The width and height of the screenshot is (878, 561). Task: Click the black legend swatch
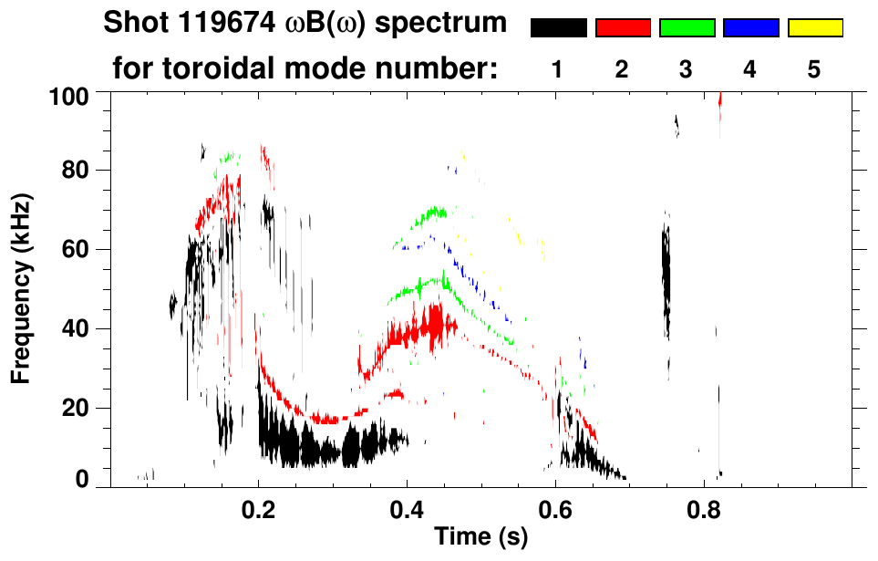(x=558, y=28)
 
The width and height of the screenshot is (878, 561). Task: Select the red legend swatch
(x=623, y=28)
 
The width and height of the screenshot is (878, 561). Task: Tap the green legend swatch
(x=687, y=28)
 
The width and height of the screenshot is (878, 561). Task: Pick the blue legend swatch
(x=751, y=28)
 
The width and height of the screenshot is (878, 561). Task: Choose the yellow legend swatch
(x=815, y=28)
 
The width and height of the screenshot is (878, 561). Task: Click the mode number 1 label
(x=557, y=69)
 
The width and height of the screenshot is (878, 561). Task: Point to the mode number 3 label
(x=686, y=69)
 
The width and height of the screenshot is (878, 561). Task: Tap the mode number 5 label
(x=814, y=69)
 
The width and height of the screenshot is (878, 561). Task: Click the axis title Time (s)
(x=480, y=538)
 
